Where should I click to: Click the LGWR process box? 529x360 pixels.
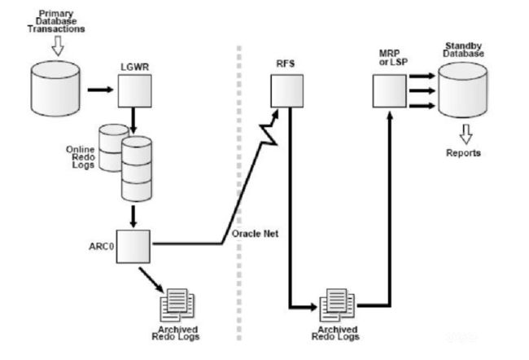pyautogui.click(x=134, y=91)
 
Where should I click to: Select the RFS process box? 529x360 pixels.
pyautogui.click(x=286, y=91)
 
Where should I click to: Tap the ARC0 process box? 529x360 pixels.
pyautogui.click(x=133, y=247)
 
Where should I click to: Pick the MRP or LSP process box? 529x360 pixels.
pyautogui.click(x=389, y=91)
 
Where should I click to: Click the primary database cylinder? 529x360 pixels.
pyautogui.click(x=55, y=89)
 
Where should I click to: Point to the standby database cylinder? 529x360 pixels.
pyautogui.click(x=462, y=90)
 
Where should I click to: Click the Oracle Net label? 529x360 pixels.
pyautogui.click(x=255, y=234)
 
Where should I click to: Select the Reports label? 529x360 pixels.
pyautogui.click(x=463, y=153)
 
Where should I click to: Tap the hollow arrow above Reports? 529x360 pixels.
pyautogui.click(x=466, y=134)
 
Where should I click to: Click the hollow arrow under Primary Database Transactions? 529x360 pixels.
pyautogui.click(x=58, y=46)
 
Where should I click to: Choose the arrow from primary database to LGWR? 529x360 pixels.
pyautogui.click(x=101, y=90)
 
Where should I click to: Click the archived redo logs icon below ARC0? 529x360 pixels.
pyautogui.click(x=177, y=305)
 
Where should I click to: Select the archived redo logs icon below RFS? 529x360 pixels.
pyautogui.click(x=337, y=305)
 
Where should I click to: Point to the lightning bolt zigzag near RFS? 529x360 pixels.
pyautogui.click(x=269, y=128)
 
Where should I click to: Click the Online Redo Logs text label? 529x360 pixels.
pyautogui.click(x=81, y=157)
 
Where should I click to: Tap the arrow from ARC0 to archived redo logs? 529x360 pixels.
pyautogui.click(x=151, y=280)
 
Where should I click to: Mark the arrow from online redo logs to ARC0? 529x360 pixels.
pyautogui.click(x=133, y=217)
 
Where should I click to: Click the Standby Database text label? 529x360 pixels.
pyautogui.click(x=463, y=50)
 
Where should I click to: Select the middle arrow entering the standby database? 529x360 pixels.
pyautogui.click(x=422, y=90)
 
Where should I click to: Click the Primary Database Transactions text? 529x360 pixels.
pyautogui.click(x=56, y=21)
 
